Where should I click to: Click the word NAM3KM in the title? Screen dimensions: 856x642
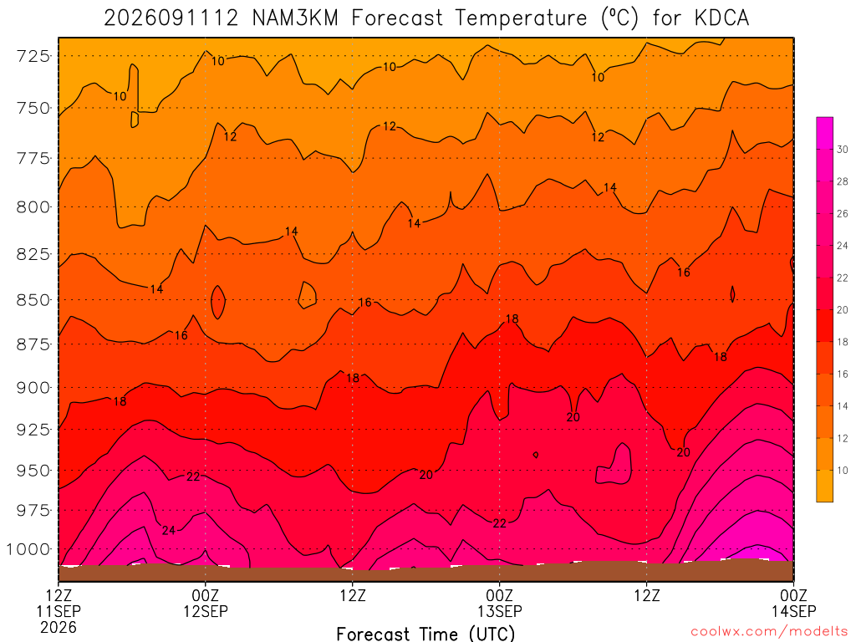pos(295,18)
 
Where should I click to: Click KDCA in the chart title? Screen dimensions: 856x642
pos(721,18)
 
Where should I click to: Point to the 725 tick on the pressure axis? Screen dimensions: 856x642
pos(33,56)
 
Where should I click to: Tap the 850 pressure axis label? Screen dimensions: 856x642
pos(33,300)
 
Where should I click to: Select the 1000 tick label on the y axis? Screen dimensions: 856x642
pos(28,549)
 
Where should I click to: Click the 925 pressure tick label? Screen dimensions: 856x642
pos(33,429)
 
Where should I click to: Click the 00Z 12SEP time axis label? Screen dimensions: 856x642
pos(206,603)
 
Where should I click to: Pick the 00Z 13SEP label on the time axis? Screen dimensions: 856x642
pos(500,603)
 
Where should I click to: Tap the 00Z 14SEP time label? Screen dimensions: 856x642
pos(793,603)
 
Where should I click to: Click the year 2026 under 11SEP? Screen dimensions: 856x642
pos(59,627)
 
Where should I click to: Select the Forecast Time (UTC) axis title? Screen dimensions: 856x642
pos(425,634)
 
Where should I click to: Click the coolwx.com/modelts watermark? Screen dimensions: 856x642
pos(770,632)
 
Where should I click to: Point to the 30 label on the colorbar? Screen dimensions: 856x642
pos(843,150)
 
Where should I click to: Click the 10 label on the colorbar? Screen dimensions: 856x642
pos(843,471)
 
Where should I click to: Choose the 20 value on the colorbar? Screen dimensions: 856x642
pos(843,310)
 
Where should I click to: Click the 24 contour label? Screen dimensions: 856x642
pos(169,530)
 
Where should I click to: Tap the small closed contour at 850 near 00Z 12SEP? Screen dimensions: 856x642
pos(218,302)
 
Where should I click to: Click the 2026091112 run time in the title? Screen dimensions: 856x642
pos(171,18)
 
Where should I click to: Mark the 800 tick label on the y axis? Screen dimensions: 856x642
pos(33,207)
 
